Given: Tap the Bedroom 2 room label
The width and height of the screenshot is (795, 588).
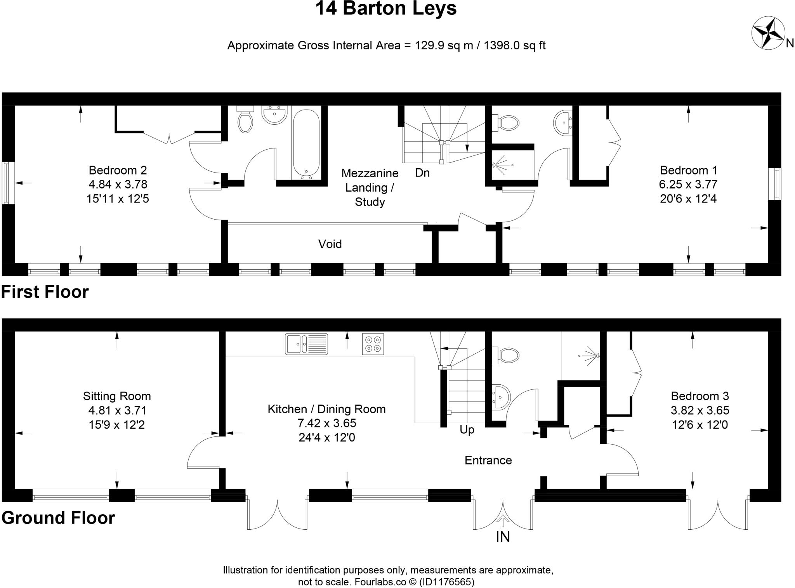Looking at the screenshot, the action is (x=118, y=170).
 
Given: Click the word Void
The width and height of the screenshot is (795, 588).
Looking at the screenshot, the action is (x=330, y=244).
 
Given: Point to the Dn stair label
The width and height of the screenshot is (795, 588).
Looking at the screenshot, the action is (x=422, y=173).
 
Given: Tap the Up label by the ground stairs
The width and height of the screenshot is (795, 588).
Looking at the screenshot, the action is (x=467, y=430).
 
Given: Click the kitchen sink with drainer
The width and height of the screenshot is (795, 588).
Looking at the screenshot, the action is (x=306, y=344).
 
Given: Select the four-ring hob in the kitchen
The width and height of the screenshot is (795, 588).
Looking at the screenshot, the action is (x=373, y=344).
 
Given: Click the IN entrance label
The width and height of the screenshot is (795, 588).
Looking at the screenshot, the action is (x=503, y=537).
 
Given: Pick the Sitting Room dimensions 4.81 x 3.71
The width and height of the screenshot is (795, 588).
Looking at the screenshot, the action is (x=117, y=410).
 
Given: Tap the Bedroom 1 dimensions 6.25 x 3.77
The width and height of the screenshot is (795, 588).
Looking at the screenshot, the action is (x=688, y=184).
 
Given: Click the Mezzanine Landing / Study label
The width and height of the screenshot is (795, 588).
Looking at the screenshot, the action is (x=370, y=187).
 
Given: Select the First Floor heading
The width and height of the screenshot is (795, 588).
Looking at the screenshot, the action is (x=45, y=292).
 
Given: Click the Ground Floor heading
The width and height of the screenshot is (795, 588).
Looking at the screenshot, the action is (x=58, y=518).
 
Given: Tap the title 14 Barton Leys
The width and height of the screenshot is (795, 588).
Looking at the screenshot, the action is (x=386, y=9).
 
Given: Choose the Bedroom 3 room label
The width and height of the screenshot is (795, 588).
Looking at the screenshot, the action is (x=700, y=396).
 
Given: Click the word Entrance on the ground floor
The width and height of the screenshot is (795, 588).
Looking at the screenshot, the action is (x=488, y=460).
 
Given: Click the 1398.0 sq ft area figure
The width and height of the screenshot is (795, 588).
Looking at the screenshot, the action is (x=514, y=45).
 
